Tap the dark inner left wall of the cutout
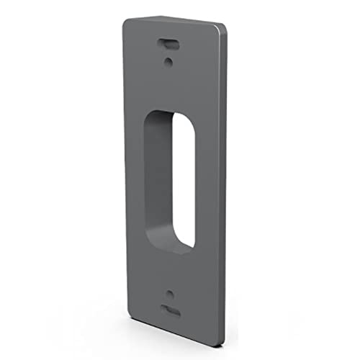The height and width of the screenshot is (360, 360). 153,180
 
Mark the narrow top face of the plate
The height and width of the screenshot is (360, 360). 173,21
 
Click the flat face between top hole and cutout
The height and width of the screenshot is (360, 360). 168,86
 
